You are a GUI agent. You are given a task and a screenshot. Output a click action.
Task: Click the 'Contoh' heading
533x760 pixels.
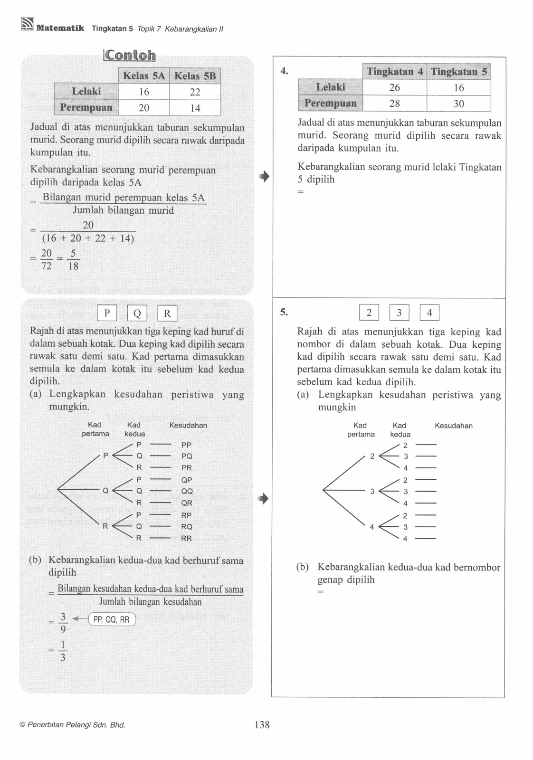point(130,55)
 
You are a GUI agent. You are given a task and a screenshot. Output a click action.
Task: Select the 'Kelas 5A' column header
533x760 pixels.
point(144,76)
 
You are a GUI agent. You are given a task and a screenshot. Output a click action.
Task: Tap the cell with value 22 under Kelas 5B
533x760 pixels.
point(195,92)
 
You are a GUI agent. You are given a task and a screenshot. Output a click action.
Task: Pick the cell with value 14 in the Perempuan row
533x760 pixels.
point(195,108)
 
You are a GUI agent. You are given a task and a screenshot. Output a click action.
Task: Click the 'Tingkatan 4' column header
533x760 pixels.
point(394,72)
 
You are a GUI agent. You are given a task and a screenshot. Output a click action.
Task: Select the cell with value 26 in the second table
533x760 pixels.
point(394,87)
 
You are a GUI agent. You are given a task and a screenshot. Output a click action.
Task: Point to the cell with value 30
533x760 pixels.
point(458,104)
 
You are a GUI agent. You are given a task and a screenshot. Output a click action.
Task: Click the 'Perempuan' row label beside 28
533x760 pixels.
point(330,103)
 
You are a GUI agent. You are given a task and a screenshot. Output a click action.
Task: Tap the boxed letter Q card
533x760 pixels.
point(137,313)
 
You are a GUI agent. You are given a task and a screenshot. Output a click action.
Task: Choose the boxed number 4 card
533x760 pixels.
point(429,313)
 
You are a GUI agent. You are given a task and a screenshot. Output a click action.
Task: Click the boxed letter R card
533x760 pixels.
point(167,313)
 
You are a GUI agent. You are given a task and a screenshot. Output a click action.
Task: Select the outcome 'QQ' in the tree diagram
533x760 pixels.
point(187,491)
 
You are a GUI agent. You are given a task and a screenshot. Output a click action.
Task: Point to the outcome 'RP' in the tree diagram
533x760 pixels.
point(187,515)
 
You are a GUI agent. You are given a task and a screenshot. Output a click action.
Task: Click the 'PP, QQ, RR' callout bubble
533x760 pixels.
point(112,619)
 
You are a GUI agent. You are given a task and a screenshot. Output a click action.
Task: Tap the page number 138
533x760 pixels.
point(262,724)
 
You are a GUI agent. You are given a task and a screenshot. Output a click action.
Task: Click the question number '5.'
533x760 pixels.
point(284,312)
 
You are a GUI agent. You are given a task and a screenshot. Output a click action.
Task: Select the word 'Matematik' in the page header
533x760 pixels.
point(60,28)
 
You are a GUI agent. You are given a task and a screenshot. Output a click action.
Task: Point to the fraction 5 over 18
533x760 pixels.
point(73,260)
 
